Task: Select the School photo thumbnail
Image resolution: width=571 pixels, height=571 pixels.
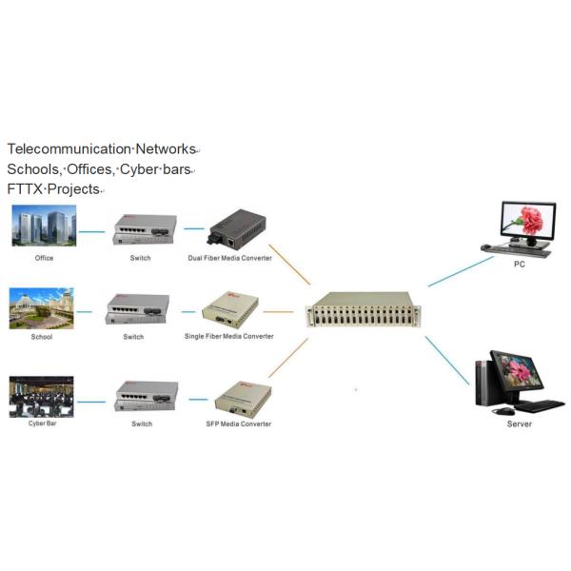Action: pyautogui.click(x=41, y=308)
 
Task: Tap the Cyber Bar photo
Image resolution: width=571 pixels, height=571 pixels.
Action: pyautogui.click(x=41, y=397)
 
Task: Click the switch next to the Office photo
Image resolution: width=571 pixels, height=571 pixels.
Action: pyautogui.click(x=139, y=228)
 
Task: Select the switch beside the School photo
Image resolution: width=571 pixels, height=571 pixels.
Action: pyautogui.click(x=139, y=309)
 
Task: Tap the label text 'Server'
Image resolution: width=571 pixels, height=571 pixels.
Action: pyautogui.click(x=519, y=423)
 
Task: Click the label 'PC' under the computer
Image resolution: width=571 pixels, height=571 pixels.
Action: pyautogui.click(x=519, y=265)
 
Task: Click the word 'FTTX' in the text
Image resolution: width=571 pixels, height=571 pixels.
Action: pyautogui.click(x=25, y=188)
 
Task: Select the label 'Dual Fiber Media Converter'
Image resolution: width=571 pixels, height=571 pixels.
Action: pyautogui.click(x=229, y=258)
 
